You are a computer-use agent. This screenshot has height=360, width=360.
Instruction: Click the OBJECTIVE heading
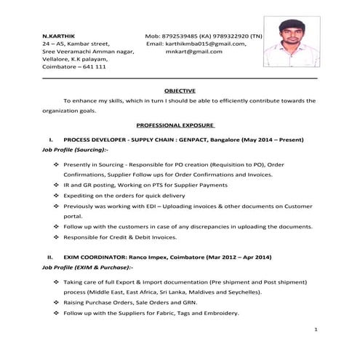(180, 90)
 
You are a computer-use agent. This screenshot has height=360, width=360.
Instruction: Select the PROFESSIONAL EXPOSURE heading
(179, 125)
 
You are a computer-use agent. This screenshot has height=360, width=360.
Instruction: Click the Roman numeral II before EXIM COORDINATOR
(50, 257)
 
